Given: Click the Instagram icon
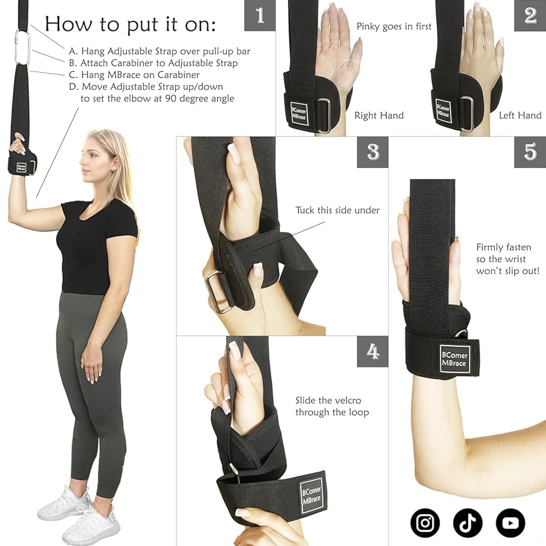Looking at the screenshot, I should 425,523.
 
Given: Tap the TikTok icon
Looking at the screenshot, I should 467,523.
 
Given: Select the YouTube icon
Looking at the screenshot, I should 510,523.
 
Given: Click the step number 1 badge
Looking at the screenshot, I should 259,15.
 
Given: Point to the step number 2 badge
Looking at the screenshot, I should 530,15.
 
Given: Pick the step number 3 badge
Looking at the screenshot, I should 373,152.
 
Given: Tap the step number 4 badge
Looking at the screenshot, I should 373,351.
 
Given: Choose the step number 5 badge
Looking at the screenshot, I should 530,152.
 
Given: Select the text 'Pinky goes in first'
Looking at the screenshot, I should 394,26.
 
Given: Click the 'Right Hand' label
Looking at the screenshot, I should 379,115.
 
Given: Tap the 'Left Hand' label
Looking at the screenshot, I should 520,115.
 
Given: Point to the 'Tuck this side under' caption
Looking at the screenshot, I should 337,210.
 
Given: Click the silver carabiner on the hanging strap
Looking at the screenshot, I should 22,48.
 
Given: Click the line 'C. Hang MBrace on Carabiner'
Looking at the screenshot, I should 140,75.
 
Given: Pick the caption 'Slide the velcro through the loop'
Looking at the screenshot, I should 332,406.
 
